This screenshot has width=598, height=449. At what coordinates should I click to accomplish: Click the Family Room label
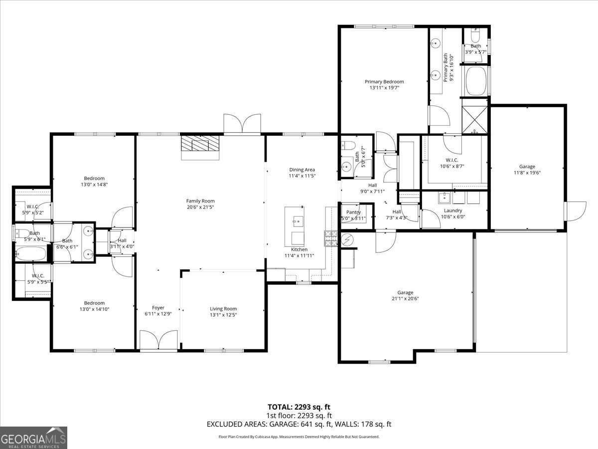tap(200, 201)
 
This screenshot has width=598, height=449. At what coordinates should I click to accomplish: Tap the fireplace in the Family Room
tap(200, 145)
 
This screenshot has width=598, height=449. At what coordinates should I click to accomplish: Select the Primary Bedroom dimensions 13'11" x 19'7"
tap(384, 88)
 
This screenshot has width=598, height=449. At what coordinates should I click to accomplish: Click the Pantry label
tap(353, 212)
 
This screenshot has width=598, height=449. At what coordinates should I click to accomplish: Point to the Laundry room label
tap(453, 210)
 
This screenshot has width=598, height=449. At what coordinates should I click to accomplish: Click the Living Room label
tap(223, 308)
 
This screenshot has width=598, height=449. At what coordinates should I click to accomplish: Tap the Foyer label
tap(158, 307)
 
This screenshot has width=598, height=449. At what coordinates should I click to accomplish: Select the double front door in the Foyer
tap(158, 340)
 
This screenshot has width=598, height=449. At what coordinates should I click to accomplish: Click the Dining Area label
tap(302, 170)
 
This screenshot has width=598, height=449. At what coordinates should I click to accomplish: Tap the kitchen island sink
tap(297, 219)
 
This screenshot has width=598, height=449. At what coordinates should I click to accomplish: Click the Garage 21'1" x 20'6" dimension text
tap(405, 299)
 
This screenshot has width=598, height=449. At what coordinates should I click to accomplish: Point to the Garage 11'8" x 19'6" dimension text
tap(527, 173)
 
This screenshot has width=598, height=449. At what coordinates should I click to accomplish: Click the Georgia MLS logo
tap(33, 438)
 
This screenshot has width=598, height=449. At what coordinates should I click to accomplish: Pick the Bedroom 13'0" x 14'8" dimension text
tap(94, 185)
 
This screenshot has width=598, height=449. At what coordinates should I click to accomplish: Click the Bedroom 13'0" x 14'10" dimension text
tap(94, 309)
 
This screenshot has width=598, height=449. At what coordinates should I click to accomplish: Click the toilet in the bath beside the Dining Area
tap(348, 146)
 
